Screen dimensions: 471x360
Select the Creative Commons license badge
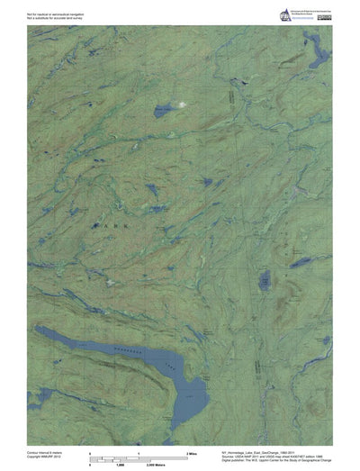pyautogui.click(x=298, y=20)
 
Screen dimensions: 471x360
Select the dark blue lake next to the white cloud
pyautogui.click(x=165, y=111)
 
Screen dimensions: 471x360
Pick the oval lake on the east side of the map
pyautogui.click(x=265, y=281)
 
